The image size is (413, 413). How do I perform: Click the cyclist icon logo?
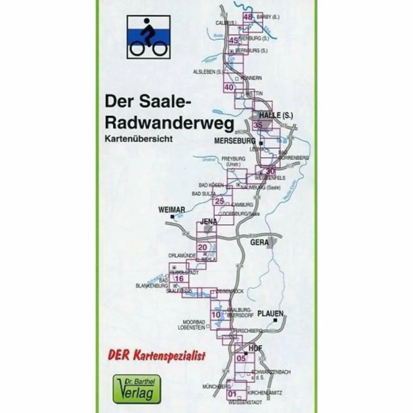pos(148,37)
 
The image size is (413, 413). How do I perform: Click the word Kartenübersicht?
pos(139,139)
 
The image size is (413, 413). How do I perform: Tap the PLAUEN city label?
pos(271,313)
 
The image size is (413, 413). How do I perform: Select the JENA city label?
pos(209,221)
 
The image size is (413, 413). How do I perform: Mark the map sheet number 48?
pos(248,18)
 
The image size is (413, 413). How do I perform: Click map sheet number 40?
pos(229,87)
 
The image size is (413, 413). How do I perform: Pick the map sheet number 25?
pos(220,201)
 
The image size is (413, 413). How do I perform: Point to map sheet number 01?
pos(232,394)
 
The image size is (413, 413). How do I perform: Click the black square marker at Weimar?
pos(173,216)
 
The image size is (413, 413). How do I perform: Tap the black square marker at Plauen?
pos(275,321)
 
